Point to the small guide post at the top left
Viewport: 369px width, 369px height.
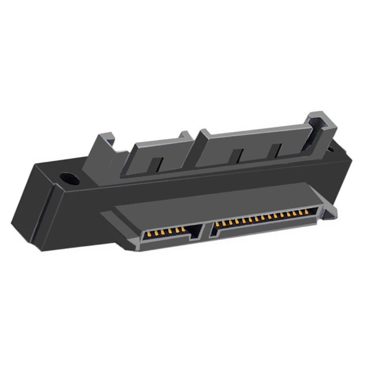point(104,143)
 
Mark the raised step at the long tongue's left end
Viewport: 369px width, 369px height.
point(202,135)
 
